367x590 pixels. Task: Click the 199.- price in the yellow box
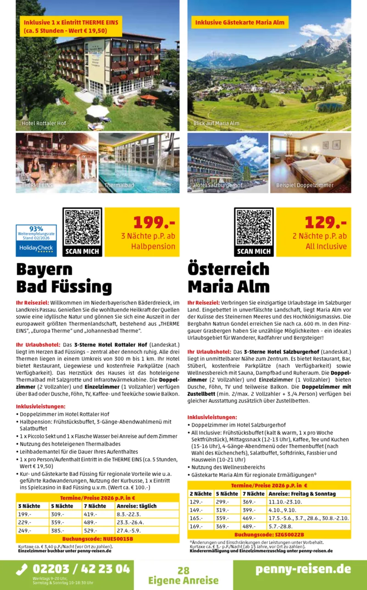(x=154, y=222)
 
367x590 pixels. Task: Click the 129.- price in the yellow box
(x=325, y=222)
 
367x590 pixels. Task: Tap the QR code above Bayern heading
(x=82, y=228)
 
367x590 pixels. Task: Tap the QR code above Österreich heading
(x=254, y=228)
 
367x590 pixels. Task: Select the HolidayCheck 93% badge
(x=36, y=239)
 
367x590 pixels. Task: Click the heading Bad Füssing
(x=64, y=287)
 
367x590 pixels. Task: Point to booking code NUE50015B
(x=97, y=539)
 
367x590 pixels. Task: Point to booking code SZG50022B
(x=269, y=535)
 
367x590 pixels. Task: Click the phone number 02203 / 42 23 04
(x=81, y=569)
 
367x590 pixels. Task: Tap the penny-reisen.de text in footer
(x=303, y=568)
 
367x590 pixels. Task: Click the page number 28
(x=183, y=571)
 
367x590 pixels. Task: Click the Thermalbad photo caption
(x=119, y=185)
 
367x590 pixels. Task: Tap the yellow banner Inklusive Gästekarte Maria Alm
(x=239, y=23)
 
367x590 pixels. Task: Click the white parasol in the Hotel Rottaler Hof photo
(x=97, y=110)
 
